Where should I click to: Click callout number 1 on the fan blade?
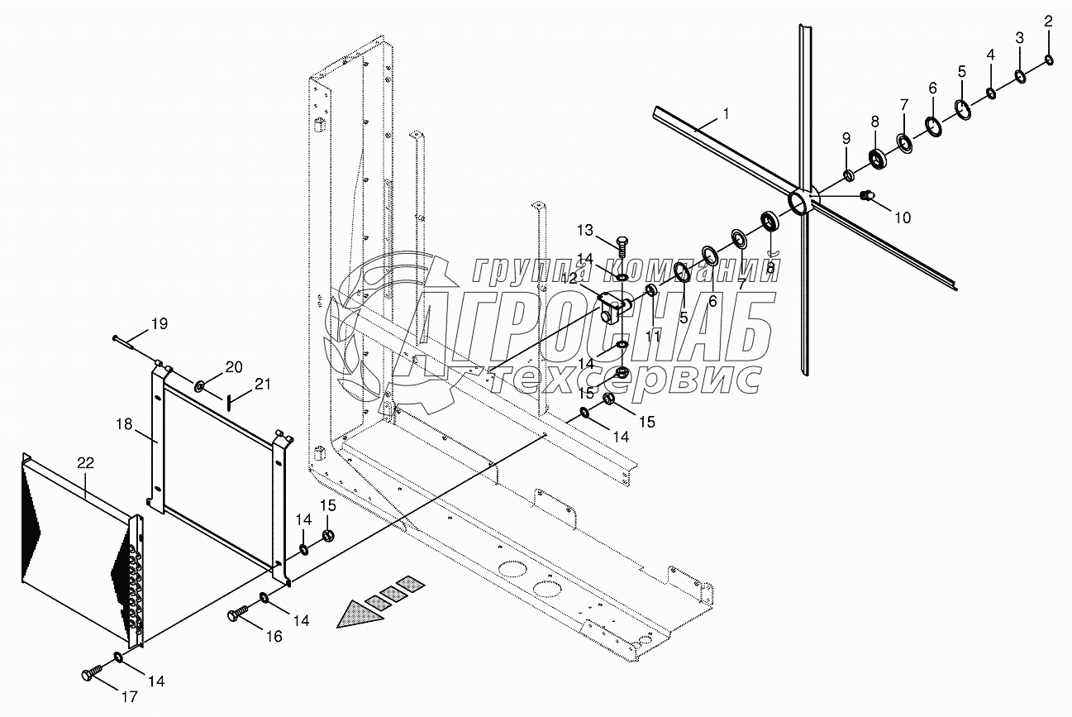coord(726,114)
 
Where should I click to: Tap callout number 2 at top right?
coord(1049,21)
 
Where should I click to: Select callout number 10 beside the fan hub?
coord(903,218)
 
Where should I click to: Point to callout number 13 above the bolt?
coord(585,231)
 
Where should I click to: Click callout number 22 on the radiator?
coord(86,463)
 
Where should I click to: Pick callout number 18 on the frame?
coord(124,424)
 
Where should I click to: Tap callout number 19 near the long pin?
coord(160,324)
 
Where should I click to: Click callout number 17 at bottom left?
coord(129,696)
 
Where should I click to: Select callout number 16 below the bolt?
coord(274,636)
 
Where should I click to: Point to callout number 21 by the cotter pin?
coord(262,384)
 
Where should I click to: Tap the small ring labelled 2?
coord(1048,60)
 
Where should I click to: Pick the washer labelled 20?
coord(198,385)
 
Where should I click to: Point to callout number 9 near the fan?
coord(846,138)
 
